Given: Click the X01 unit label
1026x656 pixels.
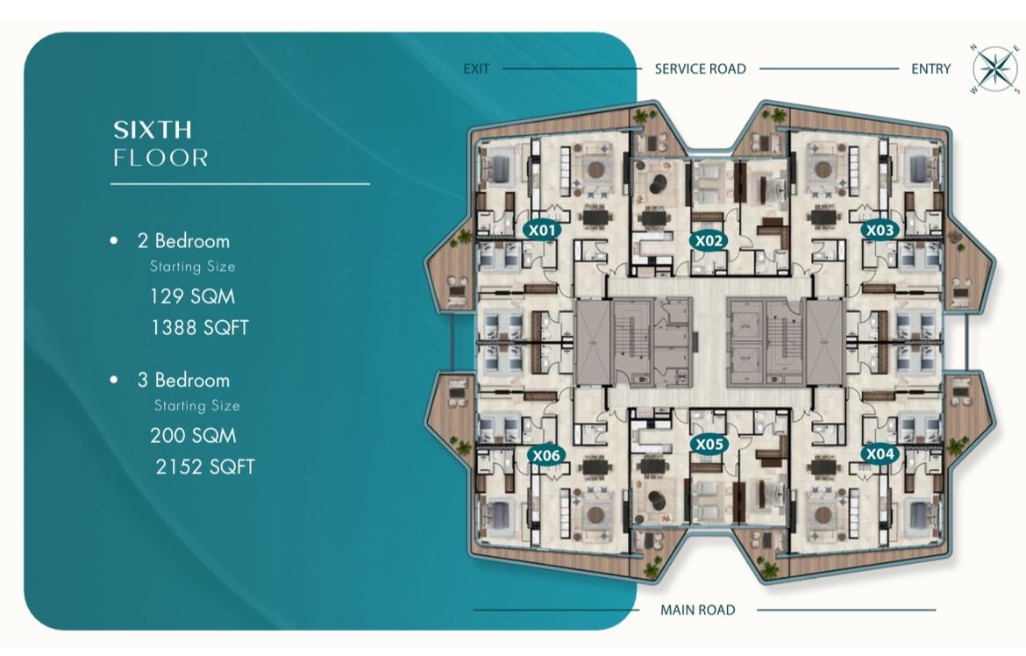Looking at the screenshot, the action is click(543, 231).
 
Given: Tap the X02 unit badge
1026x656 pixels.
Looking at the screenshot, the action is click(709, 241).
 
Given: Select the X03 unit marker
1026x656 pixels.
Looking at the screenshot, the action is click(880, 231).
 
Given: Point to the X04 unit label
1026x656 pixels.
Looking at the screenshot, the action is click(880, 453).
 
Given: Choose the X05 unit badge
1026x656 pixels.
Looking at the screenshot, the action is click(709, 445).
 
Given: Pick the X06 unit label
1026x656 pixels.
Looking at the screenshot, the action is click(545, 456).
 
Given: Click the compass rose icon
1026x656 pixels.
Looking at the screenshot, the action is click(994, 68).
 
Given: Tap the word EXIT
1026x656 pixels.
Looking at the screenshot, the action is click(476, 68).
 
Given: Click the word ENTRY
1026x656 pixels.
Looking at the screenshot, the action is click(930, 68).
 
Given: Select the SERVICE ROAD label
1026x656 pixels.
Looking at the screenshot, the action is click(700, 68).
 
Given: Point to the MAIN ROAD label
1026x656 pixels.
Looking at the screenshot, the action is click(697, 610).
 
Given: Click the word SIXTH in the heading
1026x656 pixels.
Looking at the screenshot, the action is click(153, 130).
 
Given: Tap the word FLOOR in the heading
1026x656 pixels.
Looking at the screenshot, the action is click(161, 158).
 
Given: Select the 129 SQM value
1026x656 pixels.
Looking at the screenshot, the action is click(192, 296).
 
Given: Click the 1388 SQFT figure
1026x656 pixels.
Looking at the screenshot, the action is click(200, 327).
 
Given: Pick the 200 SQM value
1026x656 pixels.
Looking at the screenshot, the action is click(193, 435).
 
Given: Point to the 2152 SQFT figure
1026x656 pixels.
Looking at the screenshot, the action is click(205, 467).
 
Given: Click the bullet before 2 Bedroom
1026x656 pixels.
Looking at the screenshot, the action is click(114, 241).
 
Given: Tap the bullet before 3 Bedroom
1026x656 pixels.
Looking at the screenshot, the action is click(114, 380).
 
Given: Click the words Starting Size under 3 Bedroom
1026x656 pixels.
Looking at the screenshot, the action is click(197, 406).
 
